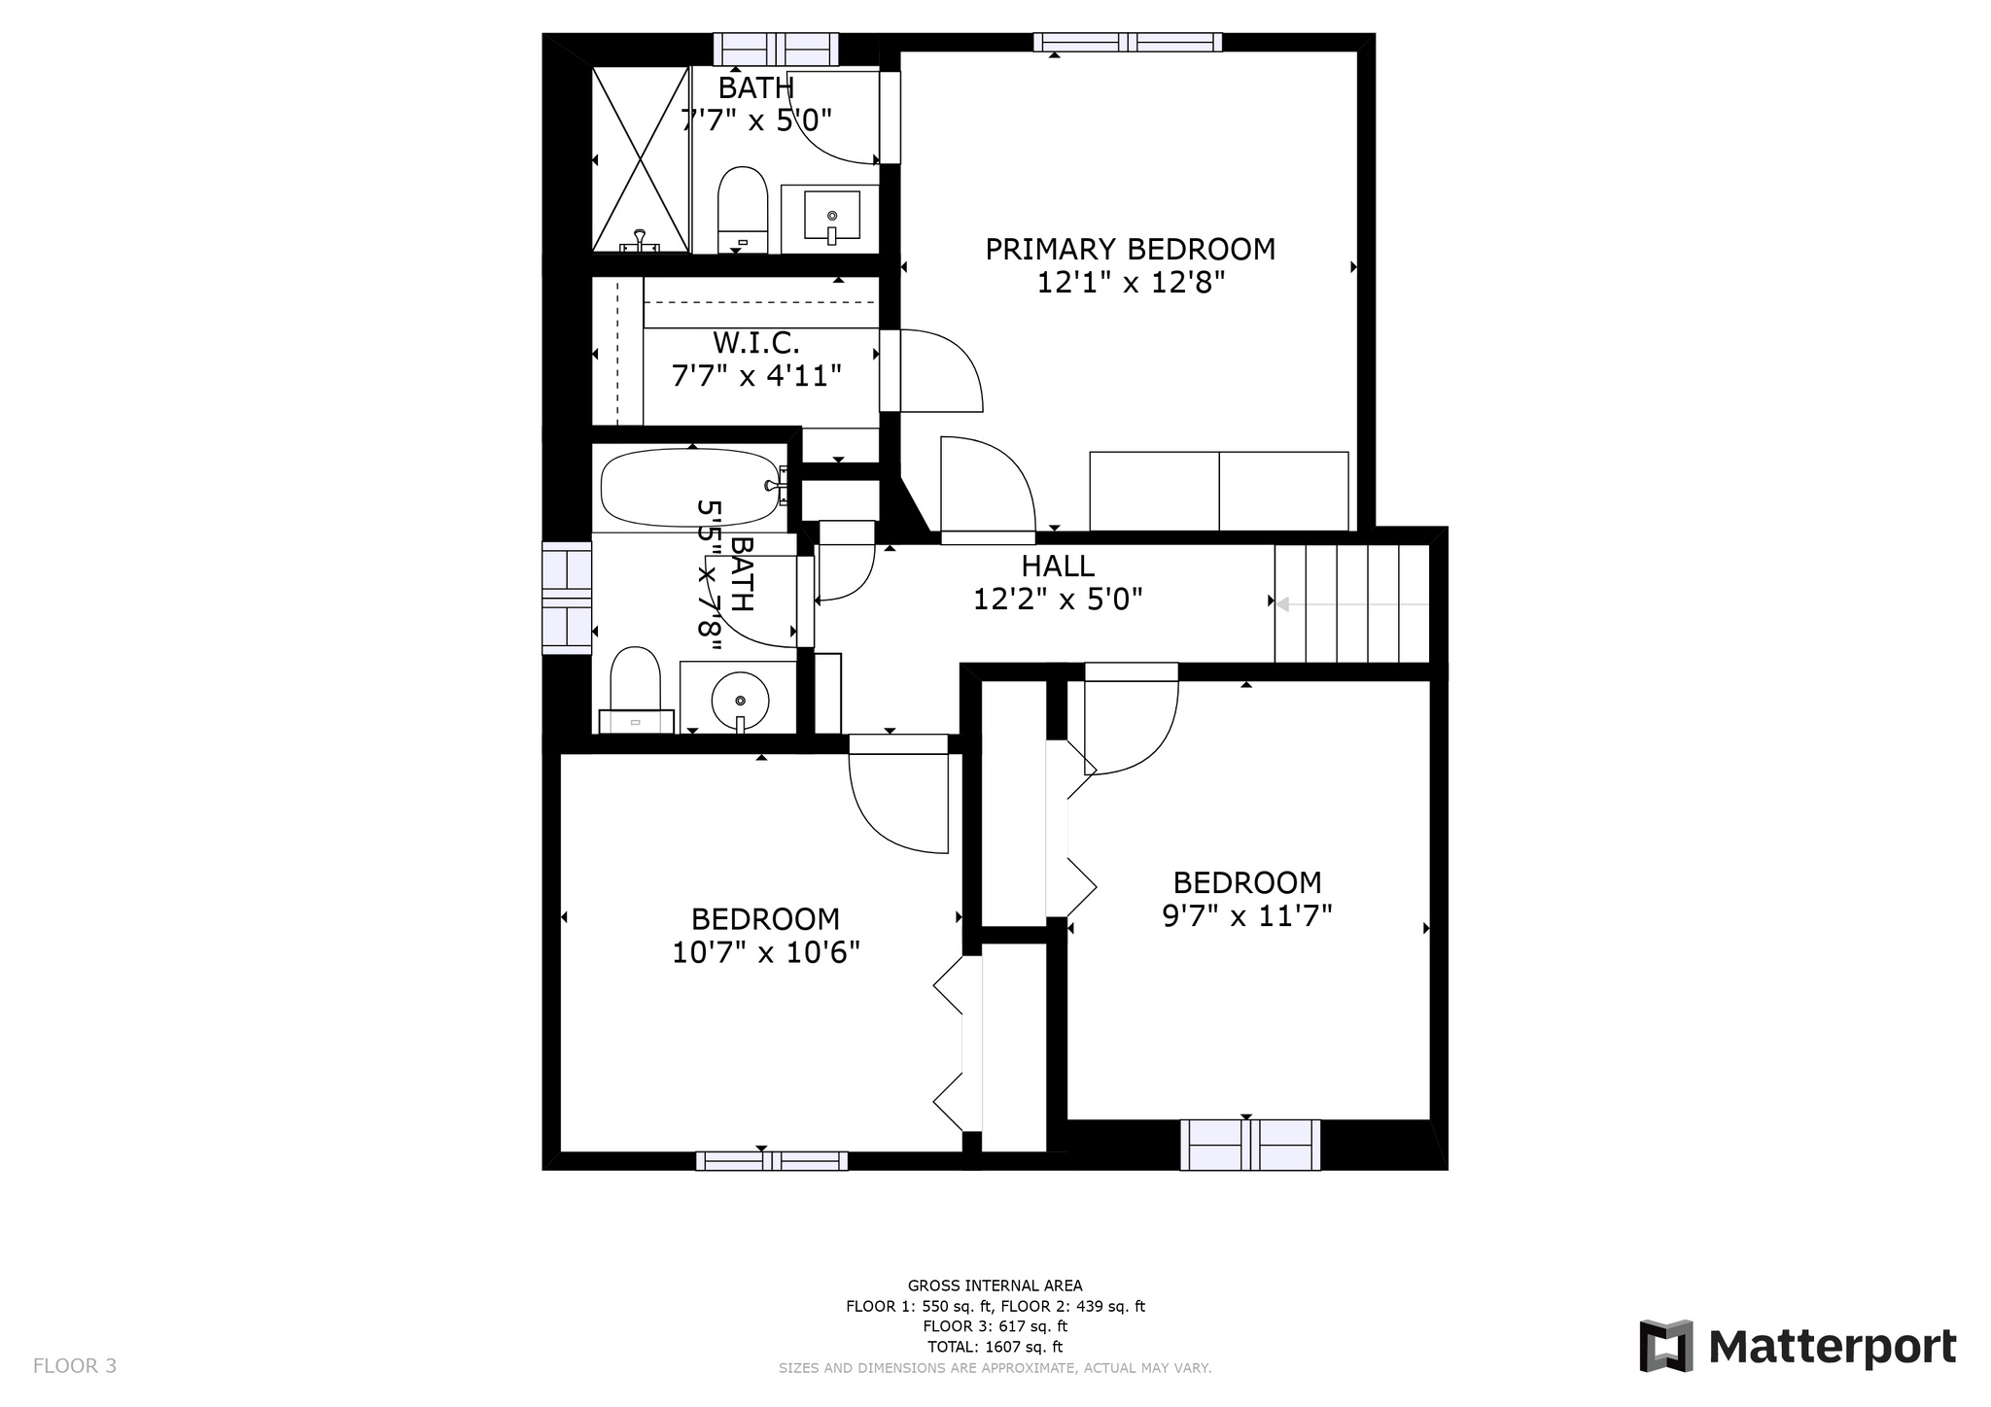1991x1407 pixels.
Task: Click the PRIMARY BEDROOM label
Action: tap(1130, 250)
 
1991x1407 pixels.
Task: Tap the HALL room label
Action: tap(1058, 566)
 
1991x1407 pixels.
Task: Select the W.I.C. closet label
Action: tap(756, 343)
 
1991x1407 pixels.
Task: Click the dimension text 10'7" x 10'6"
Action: tap(766, 952)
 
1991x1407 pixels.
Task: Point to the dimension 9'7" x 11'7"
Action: tap(1247, 916)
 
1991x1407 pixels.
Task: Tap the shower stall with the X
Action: tap(641, 159)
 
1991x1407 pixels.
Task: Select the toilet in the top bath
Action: tap(743, 210)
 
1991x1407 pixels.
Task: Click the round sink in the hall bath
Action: tap(740, 700)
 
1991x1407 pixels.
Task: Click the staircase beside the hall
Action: tap(1352, 603)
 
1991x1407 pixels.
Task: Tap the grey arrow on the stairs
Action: tap(1352, 604)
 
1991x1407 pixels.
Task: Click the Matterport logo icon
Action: tap(1666, 1346)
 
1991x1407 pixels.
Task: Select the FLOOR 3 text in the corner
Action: tap(75, 1366)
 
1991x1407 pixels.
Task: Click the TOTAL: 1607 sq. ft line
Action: tap(995, 1347)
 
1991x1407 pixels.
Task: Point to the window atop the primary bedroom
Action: tap(1128, 42)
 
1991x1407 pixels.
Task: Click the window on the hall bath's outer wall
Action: tap(567, 598)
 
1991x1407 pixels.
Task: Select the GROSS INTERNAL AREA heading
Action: tap(995, 1286)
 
